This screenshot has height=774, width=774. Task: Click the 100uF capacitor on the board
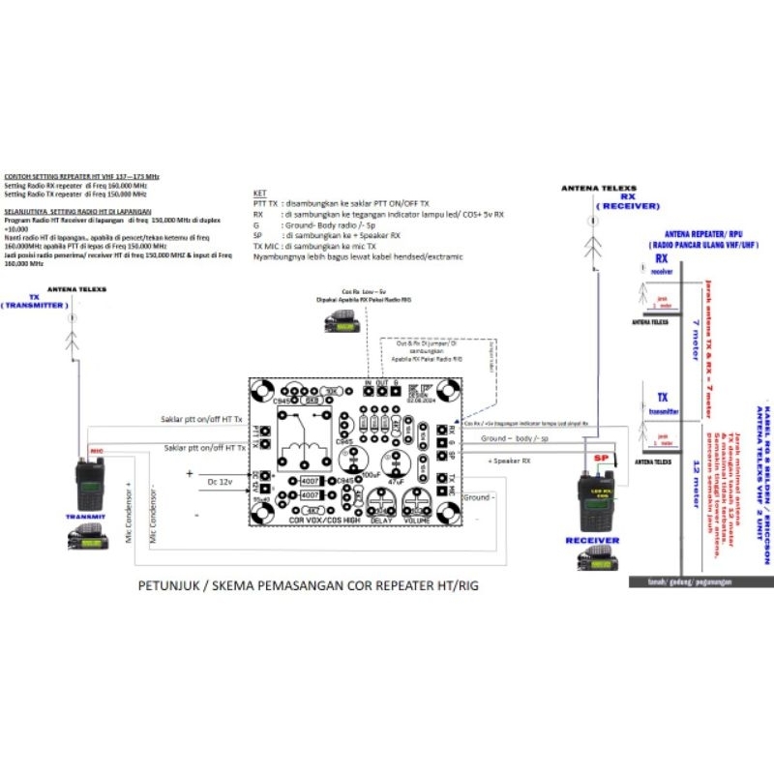373,461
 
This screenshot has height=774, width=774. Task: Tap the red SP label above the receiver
600,456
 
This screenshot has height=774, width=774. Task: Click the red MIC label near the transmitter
97,451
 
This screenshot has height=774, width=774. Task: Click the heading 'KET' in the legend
257,193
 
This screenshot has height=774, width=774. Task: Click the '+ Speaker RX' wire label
511,461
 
